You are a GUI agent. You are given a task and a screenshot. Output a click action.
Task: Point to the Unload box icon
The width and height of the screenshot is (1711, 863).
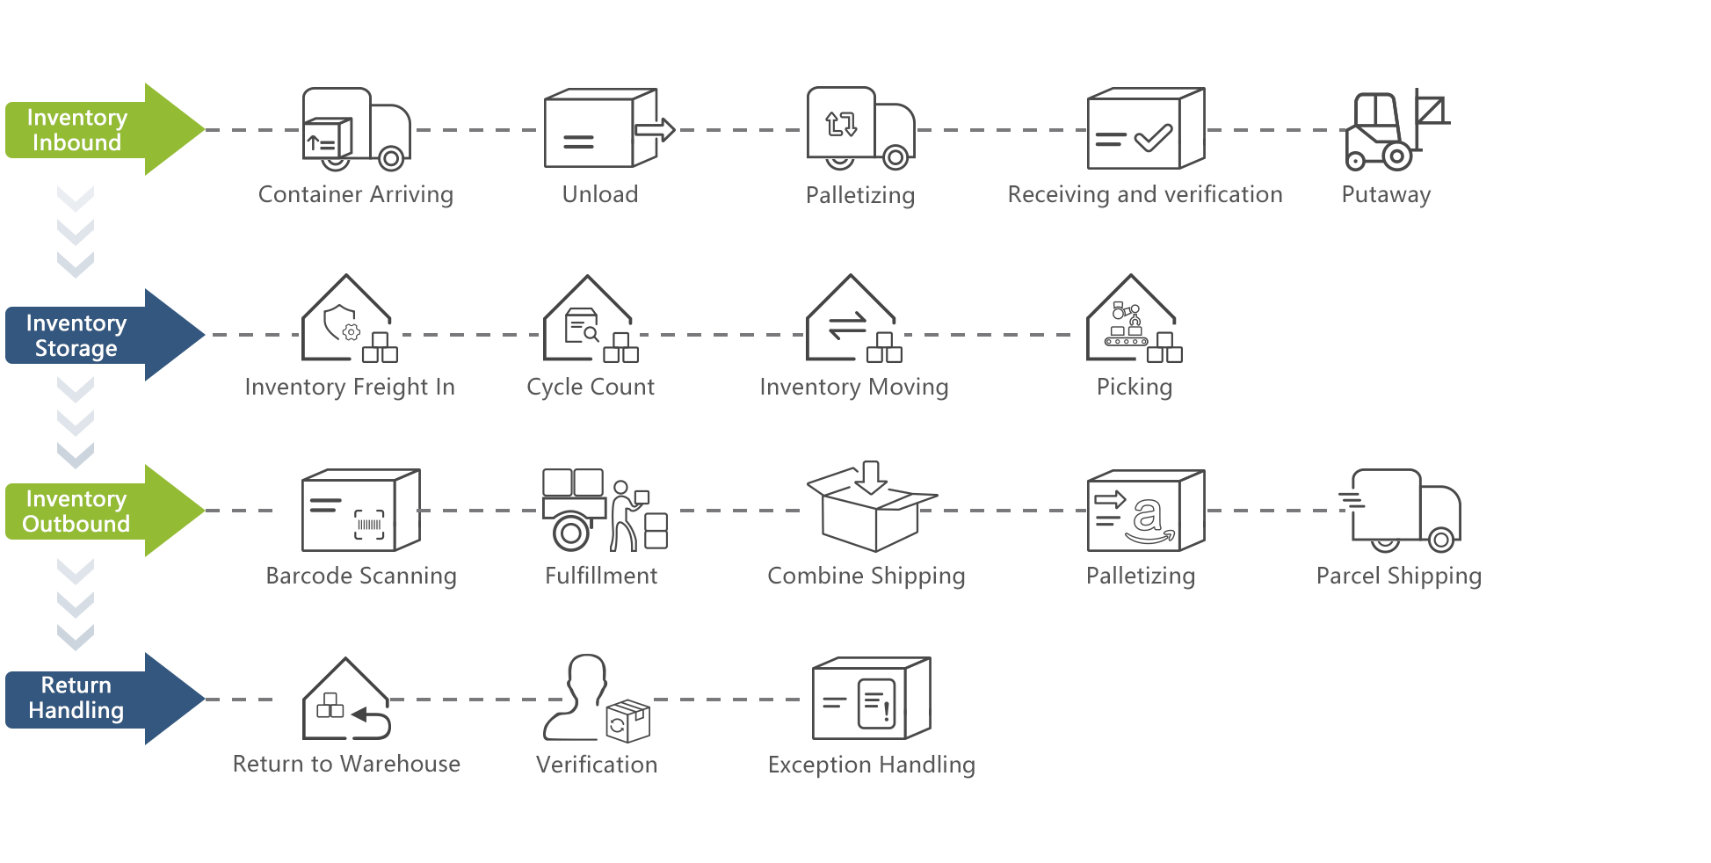602,128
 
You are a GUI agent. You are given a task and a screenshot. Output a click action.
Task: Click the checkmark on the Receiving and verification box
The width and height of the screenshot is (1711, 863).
1153,137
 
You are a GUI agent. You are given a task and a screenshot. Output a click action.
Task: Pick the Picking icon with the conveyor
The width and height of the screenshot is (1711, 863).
1133,320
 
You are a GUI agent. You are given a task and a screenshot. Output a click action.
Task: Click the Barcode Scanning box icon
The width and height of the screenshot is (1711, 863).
360,511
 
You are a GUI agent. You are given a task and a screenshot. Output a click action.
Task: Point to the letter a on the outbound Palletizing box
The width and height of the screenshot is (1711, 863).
1147,515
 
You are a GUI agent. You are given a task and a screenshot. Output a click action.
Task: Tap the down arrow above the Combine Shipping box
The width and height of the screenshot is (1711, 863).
871,477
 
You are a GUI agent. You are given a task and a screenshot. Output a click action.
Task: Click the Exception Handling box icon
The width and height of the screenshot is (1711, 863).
871,699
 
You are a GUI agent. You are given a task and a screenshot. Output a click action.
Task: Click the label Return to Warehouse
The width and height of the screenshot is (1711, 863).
346,764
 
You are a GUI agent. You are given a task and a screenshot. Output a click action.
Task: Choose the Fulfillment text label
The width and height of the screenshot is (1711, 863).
601,576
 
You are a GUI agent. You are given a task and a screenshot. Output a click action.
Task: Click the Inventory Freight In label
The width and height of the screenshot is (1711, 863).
350,387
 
